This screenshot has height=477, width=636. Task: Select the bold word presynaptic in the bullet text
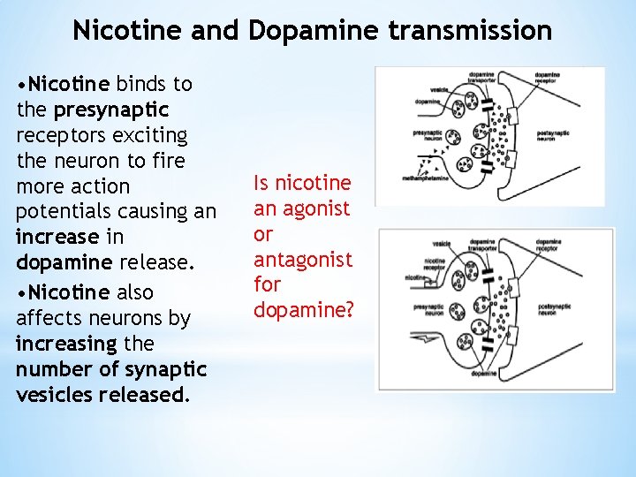pos(110,110)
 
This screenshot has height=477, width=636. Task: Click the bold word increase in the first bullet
pos(57,238)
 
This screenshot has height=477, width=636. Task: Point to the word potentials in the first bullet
pos(68,211)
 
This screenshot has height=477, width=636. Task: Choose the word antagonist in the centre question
pos(302,260)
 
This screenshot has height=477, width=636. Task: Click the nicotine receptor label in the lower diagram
pos(435,264)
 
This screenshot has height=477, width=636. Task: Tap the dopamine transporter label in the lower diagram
pos(482,245)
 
